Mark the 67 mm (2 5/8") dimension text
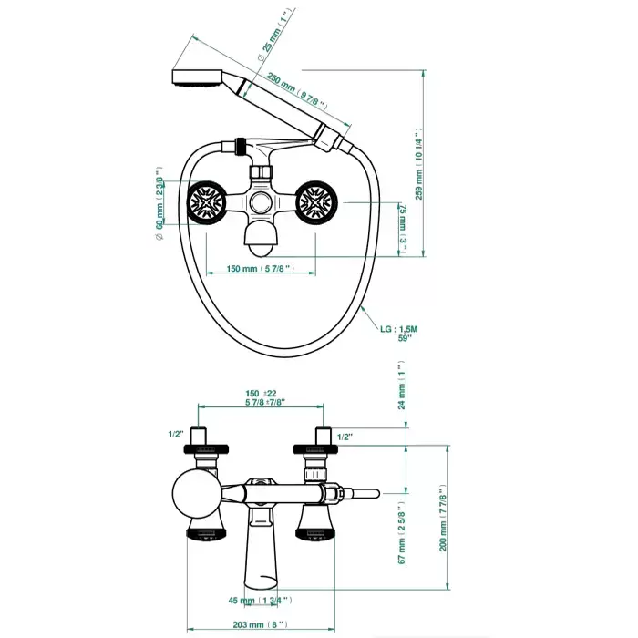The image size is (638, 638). tap(399, 534)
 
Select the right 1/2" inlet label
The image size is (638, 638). tap(345, 437)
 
